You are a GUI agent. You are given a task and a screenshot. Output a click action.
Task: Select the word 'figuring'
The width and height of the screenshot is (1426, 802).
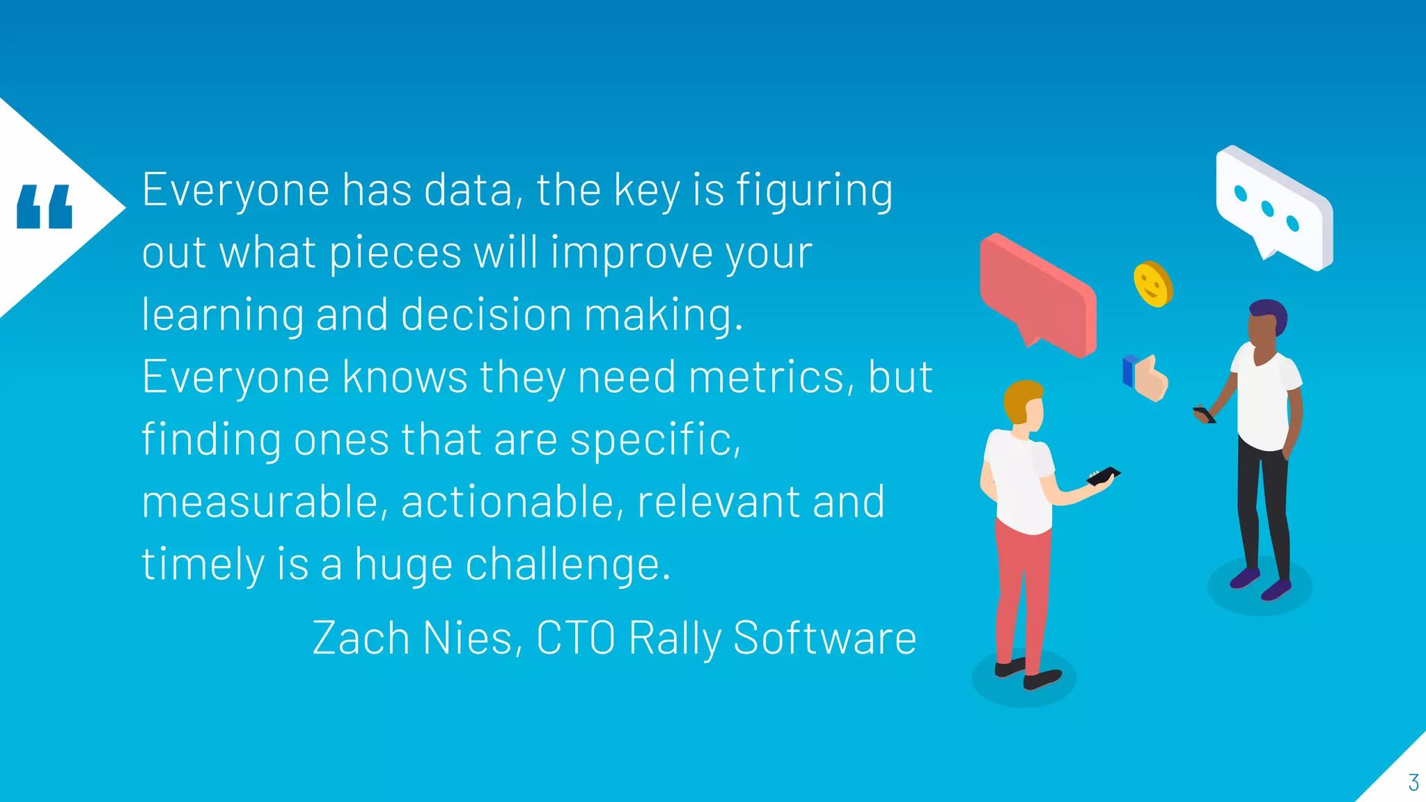tap(814, 191)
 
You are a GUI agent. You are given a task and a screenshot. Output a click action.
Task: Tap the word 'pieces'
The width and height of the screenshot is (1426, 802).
tap(395, 253)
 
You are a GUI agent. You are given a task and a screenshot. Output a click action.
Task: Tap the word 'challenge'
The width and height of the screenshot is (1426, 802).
tap(567, 565)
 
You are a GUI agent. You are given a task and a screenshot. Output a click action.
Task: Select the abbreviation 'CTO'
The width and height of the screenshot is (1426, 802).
tap(576, 638)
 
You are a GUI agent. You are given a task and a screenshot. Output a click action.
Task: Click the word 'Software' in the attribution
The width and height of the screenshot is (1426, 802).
tap(824, 638)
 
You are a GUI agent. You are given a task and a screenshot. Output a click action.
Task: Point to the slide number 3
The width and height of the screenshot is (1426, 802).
tap(1413, 783)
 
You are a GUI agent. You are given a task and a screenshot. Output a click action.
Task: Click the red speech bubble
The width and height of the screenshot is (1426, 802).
tap(1037, 292)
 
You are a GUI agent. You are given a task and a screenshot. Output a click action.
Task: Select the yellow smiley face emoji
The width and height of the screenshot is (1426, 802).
tap(1152, 284)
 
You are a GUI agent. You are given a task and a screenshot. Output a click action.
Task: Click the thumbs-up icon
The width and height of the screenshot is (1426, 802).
tap(1146, 379)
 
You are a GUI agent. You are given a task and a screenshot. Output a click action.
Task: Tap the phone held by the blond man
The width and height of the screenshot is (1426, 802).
tap(1104, 476)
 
